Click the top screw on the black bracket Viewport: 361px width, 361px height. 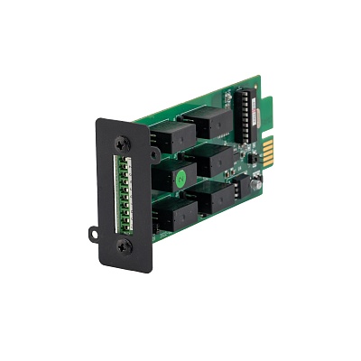123,142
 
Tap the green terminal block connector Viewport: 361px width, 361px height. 124,192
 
